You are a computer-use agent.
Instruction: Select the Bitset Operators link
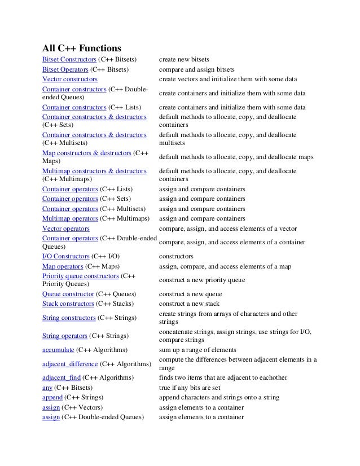(65, 69)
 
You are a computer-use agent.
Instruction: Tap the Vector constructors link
(70, 79)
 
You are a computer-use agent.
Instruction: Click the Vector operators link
(66, 228)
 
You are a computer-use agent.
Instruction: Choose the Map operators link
(63, 266)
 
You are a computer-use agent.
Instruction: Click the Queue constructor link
(68, 294)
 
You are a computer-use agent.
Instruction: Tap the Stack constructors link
(68, 304)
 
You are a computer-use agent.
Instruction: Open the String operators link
(65, 336)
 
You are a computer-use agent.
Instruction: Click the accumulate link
(58, 350)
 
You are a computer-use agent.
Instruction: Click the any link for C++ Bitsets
(47, 388)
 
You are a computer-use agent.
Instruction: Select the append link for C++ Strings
(52, 397)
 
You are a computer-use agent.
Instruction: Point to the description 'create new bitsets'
(185, 59)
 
